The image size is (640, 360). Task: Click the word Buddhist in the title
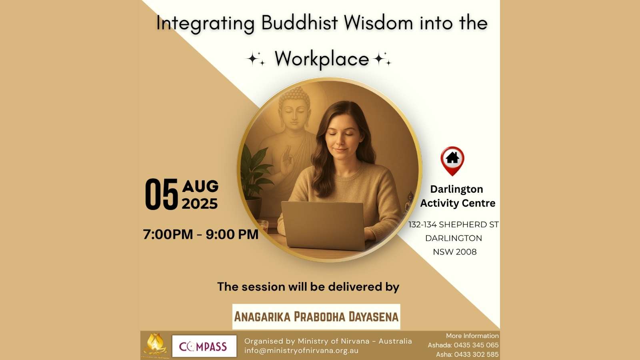coord(300,22)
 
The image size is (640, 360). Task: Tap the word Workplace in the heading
coord(322,59)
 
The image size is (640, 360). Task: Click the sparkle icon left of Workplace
coord(256,59)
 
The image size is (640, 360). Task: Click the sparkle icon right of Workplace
coord(382,59)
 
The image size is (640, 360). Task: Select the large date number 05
coord(162,194)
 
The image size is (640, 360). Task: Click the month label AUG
coord(200,186)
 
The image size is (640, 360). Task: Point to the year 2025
coord(200,204)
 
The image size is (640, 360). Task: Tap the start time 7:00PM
coord(168,234)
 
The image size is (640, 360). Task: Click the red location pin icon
coord(452,161)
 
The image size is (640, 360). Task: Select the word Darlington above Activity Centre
coord(456,190)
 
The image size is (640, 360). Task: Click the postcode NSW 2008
coord(454,252)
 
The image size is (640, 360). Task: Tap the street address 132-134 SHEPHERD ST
coord(454,224)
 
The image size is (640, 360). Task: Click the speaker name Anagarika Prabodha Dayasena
coord(316,316)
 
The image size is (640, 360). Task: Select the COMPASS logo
coord(204,346)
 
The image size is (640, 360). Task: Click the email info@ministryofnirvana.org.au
coord(301,350)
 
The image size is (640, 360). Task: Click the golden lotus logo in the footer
coord(155,345)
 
